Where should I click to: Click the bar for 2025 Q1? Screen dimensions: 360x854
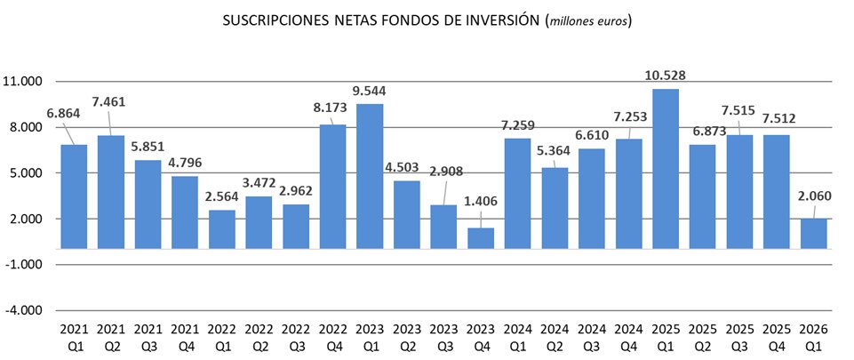pyautogui.click(x=666, y=169)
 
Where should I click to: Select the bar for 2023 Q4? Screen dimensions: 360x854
pyautogui.click(x=481, y=238)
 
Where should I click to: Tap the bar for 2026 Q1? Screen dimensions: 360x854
pyautogui.click(x=813, y=234)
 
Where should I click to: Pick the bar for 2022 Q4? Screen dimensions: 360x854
pyautogui.click(x=332, y=187)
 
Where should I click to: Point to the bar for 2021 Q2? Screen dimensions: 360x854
pyautogui.click(x=111, y=192)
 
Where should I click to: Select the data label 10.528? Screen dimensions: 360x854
pyautogui.click(x=666, y=75)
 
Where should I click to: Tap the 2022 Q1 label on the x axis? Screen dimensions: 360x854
pyautogui.click(x=221, y=336)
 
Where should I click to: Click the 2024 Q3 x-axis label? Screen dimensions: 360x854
pyautogui.click(x=591, y=336)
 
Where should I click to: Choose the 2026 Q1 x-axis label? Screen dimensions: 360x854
pyautogui.click(x=813, y=336)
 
